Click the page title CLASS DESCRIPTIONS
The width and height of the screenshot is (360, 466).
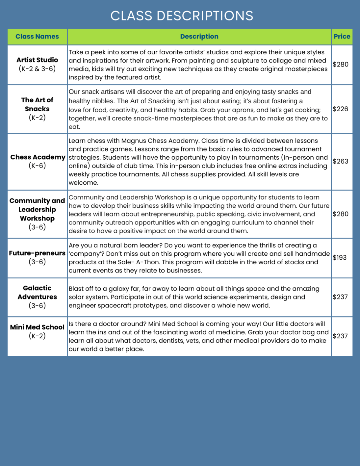pyautogui.click(x=182, y=16)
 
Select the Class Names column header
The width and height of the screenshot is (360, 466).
pyautogui.click(x=37, y=37)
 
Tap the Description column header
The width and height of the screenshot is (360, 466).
pyautogui.click(x=199, y=37)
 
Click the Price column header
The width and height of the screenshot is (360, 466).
pyautogui.click(x=342, y=37)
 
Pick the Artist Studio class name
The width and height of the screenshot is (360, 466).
pyautogui.click(x=37, y=60)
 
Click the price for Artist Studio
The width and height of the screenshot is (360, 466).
pyautogui.click(x=341, y=65)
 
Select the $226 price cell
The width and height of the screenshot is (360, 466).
pyautogui.click(x=341, y=109)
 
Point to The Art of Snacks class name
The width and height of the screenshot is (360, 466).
pyautogui.click(x=37, y=104)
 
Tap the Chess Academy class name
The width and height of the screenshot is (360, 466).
pyautogui.click(x=38, y=157)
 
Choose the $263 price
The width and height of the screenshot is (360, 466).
pyautogui.click(x=341, y=161)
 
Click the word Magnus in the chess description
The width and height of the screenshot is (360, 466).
pyautogui.click(x=134, y=141)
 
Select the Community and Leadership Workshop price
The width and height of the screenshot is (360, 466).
pyautogui.click(x=341, y=214)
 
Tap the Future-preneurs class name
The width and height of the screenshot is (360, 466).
pyautogui.click(x=37, y=253)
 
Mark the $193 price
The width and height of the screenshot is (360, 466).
pyautogui.click(x=340, y=258)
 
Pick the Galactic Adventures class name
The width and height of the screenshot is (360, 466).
pyautogui.click(x=37, y=292)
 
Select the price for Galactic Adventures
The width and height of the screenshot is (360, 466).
pyautogui.click(x=340, y=297)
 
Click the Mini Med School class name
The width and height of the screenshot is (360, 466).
pyautogui.click(x=37, y=327)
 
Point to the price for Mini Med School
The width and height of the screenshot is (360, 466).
pyautogui.click(x=340, y=336)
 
